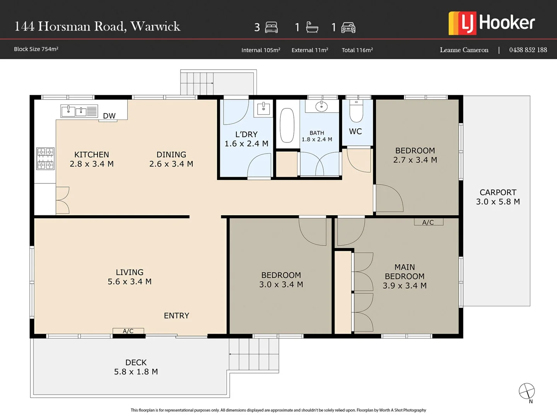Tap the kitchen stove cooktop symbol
[x=45, y=159]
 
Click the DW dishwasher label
[x=109, y=116]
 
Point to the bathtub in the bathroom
[x=287, y=125]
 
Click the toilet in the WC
[x=356, y=111]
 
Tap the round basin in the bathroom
[x=321, y=106]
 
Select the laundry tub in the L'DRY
[x=263, y=108]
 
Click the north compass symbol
[x=526, y=391]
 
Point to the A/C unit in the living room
[x=128, y=331]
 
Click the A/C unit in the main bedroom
[x=428, y=222]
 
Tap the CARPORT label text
[x=498, y=192]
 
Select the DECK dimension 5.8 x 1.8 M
[x=136, y=372]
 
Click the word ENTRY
[x=176, y=315]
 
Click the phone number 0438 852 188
[x=528, y=50]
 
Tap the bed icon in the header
[x=272, y=27]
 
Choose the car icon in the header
[x=348, y=27]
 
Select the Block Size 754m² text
[x=36, y=49]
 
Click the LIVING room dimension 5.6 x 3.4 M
[x=130, y=281]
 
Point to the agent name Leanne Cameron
[x=464, y=50]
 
